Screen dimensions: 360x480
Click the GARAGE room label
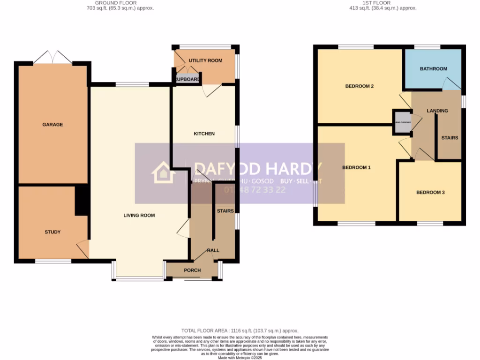click(52, 125)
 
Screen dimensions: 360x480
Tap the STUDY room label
click(52, 232)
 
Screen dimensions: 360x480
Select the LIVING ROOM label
click(139, 216)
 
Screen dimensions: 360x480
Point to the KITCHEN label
click(204, 134)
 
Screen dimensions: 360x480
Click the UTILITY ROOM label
click(205, 61)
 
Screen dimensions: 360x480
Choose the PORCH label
click(192, 270)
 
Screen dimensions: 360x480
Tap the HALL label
click(213, 251)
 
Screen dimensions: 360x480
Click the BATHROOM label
click(434, 69)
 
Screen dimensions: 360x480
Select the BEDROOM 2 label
click(359, 86)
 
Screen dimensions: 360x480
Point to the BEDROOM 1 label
click(356, 167)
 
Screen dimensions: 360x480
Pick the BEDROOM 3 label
click(430, 193)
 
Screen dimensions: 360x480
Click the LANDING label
click(437, 111)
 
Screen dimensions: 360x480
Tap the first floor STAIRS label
click(450, 138)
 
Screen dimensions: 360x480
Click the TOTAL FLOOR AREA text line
click(240, 331)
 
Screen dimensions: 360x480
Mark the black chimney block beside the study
click(82, 201)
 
